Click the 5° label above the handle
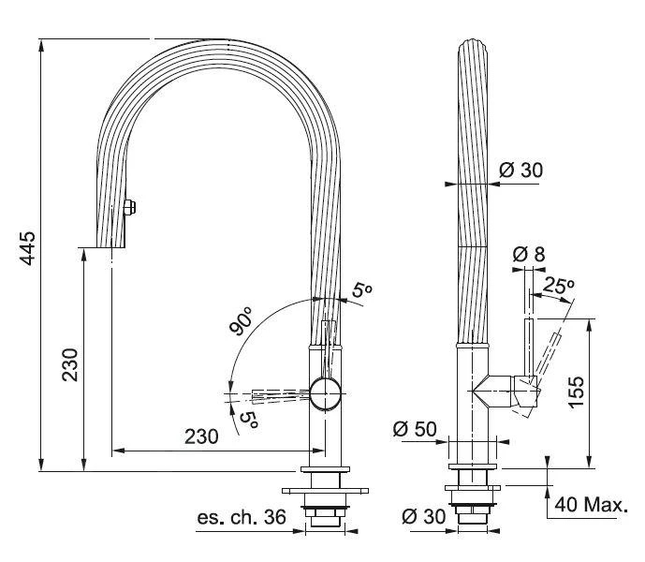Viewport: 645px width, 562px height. pyautogui.click(x=361, y=291)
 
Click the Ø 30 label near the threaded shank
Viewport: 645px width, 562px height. pyautogui.click(x=421, y=517)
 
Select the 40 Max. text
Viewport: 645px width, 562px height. pyautogui.click(x=590, y=506)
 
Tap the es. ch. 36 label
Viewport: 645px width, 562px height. pyautogui.click(x=241, y=517)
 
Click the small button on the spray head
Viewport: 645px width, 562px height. pyautogui.click(x=130, y=207)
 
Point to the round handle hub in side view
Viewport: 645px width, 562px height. pyautogui.click(x=328, y=393)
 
